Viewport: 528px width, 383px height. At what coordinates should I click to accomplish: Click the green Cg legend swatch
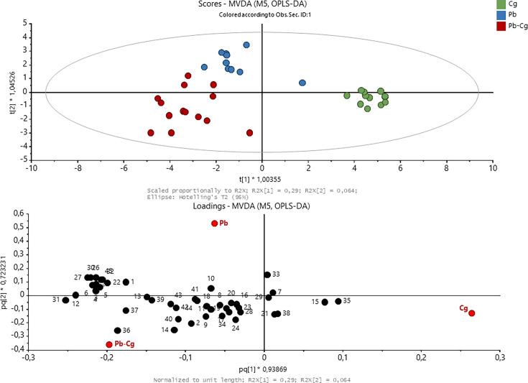[501, 4]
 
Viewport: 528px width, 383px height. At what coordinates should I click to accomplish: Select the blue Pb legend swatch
[501, 15]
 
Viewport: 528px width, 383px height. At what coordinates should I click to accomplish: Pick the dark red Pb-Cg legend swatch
[501, 27]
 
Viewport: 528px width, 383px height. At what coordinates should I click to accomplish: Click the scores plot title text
[261, 4]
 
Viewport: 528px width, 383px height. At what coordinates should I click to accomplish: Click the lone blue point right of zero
[302, 83]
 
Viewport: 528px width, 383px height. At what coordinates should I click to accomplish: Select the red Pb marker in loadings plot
[214, 223]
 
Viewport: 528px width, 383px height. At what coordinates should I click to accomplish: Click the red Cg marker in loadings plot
[472, 313]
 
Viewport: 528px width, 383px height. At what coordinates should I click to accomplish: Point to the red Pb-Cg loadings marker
[109, 344]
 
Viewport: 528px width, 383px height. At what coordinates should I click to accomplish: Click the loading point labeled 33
[267, 274]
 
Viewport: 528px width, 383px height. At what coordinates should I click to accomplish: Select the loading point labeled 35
[338, 301]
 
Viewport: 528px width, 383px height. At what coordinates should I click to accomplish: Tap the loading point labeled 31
[65, 300]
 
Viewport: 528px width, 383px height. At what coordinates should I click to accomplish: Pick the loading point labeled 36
[118, 331]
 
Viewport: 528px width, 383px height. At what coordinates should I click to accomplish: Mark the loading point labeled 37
[126, 310]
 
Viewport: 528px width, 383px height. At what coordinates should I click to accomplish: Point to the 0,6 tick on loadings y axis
[17, 212]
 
